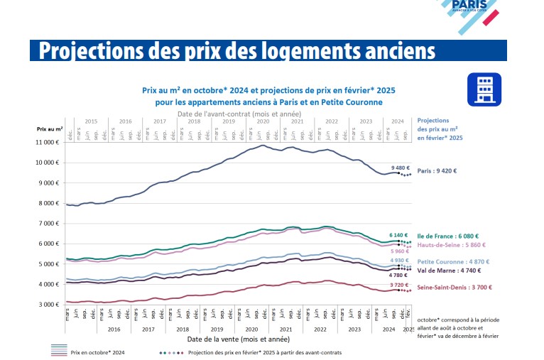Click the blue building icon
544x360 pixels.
(x=484, y=89)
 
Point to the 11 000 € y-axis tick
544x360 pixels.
(x=46, y=143)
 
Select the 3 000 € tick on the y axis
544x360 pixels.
(x=48, y=305)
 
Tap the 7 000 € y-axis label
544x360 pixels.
(x=48, y=224)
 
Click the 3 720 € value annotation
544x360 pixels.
(x=400, y=285)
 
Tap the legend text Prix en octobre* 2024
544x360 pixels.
(x=98, y=351)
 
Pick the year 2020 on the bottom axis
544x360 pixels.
(x=251, y=329)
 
